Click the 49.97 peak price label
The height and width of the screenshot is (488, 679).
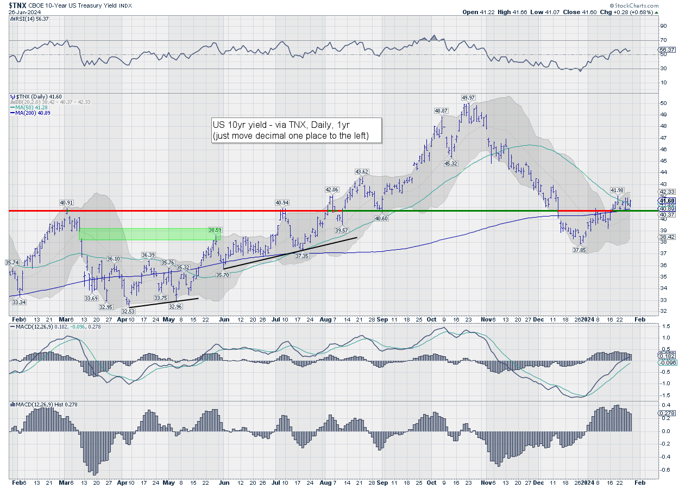[x=468, y=97]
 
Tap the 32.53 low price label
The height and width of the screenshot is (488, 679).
[x=128, y=311]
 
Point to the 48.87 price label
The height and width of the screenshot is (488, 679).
[x=441, y=110]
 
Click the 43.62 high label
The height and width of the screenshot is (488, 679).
[x=362, y=171]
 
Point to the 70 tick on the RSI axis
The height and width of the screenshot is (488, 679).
[x=663, y=40]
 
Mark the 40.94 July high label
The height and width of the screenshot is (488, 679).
[x=282, y=202]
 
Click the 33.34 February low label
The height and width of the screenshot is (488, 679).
[x=19, y=302]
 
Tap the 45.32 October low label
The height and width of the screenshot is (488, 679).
[x=451, y=163]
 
